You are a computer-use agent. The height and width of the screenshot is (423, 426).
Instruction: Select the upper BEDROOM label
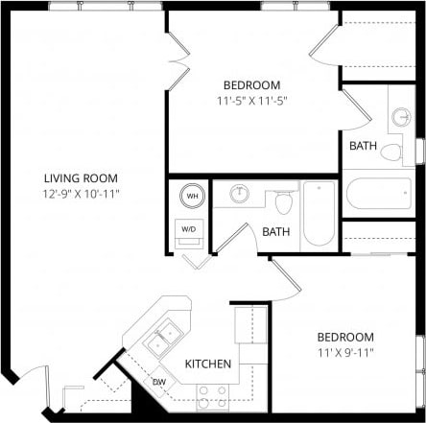click(x=251, y=83)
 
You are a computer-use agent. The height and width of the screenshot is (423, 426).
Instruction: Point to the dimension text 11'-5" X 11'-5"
click(x=251, y=99)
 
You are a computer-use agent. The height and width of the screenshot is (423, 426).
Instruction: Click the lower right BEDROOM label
click(x=345, y=337)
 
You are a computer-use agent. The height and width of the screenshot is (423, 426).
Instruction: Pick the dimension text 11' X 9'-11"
click(x=345, y=352)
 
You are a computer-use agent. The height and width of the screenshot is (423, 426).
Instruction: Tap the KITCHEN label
click(x=208, y=364)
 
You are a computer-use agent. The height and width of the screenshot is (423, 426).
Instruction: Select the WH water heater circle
click(x=193, y=196)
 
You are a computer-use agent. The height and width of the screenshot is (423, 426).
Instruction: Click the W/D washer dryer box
click(x=189, y=229)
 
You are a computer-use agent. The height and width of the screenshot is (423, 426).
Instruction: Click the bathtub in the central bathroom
click(x=319, y=215)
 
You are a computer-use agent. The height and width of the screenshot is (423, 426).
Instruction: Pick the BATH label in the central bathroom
click(x=276, y=231)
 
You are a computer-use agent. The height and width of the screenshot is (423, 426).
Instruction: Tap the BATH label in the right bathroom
click(x=363, y=146)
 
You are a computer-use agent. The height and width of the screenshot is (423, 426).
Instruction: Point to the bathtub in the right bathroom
click(x=378, y=196)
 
